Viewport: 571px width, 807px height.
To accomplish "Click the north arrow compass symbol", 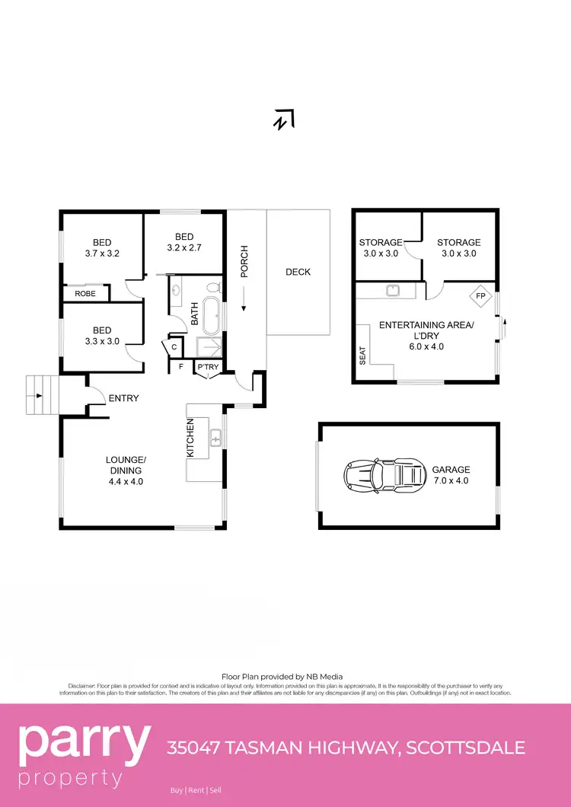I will pos(285,119).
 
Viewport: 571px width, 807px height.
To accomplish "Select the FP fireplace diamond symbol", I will pos(480,295).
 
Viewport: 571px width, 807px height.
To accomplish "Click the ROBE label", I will pos(85,293).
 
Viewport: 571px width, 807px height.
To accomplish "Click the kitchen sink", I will pos(215,438).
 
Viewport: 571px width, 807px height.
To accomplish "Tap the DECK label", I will pos(298,272).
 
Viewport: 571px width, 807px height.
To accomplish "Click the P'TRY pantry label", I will pos(208,367).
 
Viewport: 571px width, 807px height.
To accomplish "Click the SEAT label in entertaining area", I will pos(363,356).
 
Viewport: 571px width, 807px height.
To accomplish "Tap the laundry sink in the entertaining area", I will pos(394,289).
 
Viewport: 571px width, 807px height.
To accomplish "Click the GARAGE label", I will pos(451,470).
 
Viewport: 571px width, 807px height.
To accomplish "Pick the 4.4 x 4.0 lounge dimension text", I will pos(125,481).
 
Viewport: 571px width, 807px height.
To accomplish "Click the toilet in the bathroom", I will pos(213,288).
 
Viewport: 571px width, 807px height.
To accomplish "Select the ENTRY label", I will pos(124,398).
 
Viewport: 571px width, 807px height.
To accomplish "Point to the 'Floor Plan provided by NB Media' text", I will pos(282,676).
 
